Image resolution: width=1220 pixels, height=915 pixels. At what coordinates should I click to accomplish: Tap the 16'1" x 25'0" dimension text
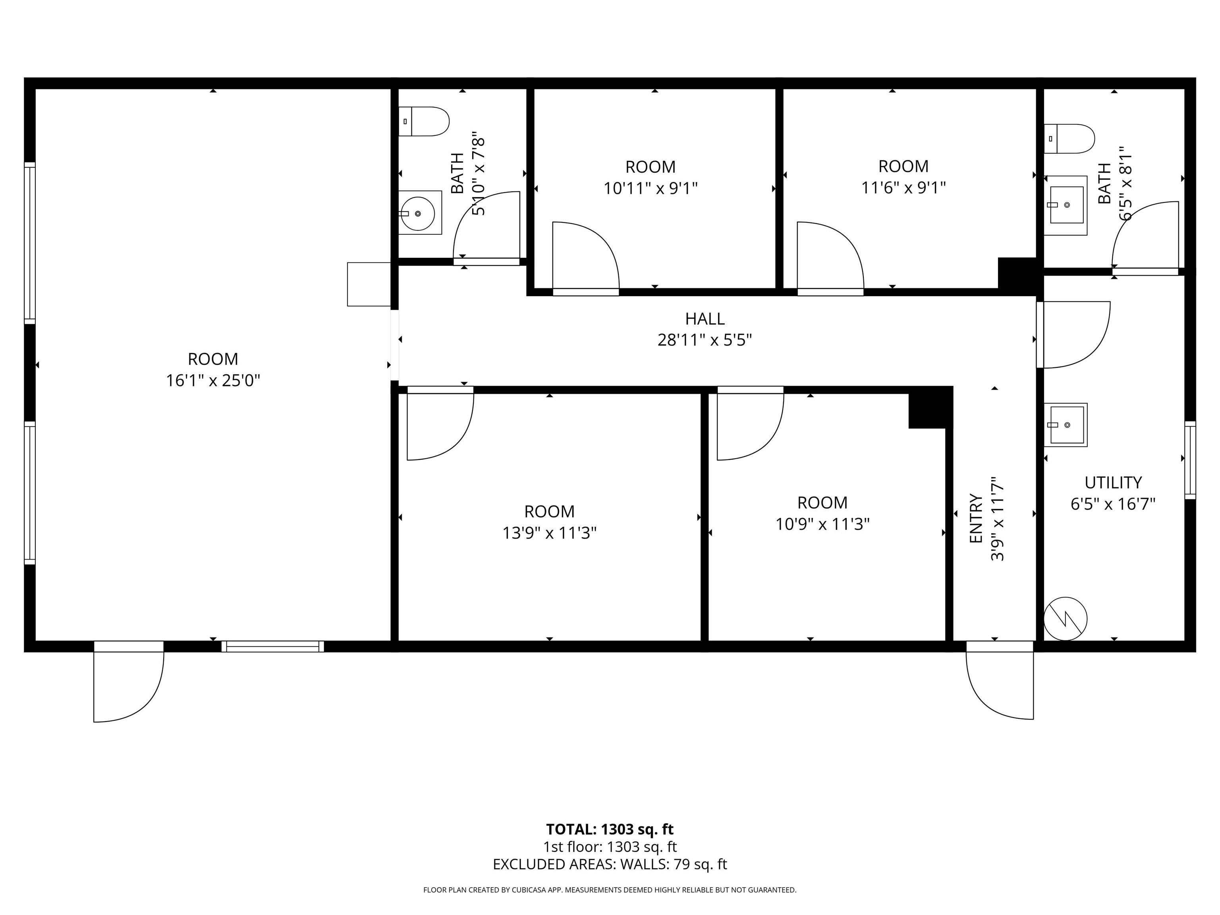pos(213,380)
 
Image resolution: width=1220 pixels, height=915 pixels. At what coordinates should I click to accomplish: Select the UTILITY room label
pos(1113,483)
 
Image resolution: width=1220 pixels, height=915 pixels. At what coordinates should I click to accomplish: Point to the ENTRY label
pos(976,518)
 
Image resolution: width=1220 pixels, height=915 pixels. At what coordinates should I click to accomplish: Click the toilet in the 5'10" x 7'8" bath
pos(424,122)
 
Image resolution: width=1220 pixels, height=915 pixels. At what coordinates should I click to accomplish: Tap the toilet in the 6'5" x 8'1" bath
pos(1069,139)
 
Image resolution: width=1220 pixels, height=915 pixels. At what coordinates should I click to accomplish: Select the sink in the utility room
pos(1066,425)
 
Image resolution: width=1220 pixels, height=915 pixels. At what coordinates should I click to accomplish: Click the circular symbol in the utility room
pos(1066,618)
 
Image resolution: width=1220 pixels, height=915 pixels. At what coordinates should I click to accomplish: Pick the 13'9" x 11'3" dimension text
pos(549,533)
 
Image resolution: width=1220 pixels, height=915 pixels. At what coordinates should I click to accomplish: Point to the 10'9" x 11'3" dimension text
pos(822,524)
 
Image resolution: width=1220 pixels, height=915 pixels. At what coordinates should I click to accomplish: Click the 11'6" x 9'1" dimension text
pos(903,188)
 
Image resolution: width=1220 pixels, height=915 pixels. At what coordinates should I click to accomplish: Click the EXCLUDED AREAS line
pos(610,864)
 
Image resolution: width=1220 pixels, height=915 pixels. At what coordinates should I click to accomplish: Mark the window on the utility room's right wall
pos(1190,460)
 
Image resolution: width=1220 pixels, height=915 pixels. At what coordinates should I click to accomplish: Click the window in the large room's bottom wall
pos(272,647)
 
